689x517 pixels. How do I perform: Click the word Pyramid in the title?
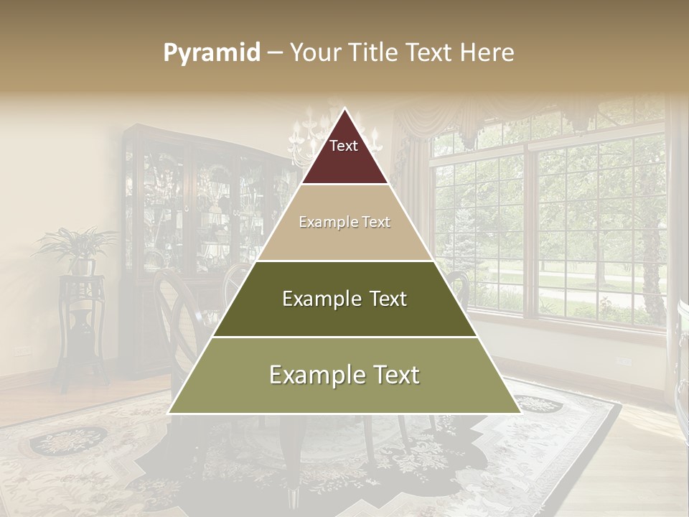point(212,53)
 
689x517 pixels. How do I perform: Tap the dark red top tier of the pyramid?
point(344,162)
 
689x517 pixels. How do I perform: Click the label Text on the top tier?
point(344,146)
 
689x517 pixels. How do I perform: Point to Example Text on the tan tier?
point(344,223)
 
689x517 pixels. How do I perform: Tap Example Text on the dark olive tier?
point(344,299)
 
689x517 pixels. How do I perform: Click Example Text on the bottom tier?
point(344,375)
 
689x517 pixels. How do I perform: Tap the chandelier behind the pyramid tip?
point(305,136)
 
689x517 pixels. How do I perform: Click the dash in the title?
point(275,53)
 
